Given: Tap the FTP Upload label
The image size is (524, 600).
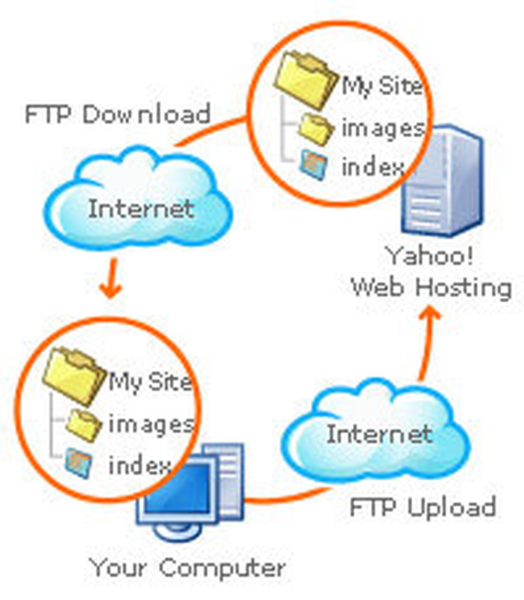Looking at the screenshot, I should [x=423, y=507].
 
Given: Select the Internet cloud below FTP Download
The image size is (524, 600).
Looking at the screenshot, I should [x=139, y=205].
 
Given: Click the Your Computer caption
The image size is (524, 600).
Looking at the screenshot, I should [x=188, y=568].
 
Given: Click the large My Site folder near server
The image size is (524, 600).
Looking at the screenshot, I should [x=306, y=79].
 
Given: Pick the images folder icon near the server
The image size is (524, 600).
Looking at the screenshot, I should [x=314, y=128].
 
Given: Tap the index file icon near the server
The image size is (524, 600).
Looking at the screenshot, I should [x=314, y=165].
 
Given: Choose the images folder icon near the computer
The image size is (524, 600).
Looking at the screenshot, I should [x=83, y=424].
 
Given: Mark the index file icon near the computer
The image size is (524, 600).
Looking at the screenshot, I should [x=79, y=463].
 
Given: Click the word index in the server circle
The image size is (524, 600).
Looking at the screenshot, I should [x=372, y=167].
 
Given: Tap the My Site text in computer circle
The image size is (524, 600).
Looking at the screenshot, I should [x=149, y=383].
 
